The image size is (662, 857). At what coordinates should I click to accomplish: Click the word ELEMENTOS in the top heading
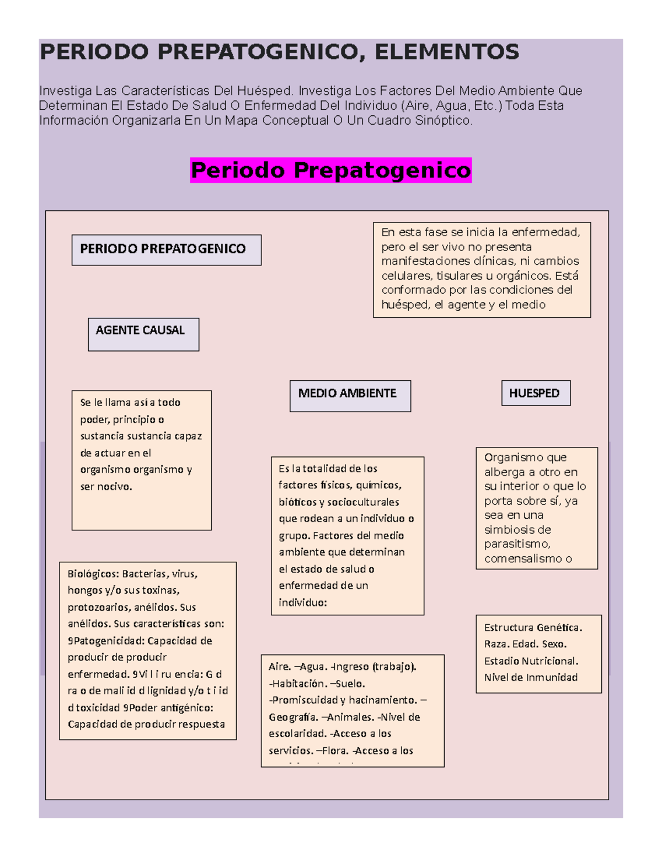tap(447, 52)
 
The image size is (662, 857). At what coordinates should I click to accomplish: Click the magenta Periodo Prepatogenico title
tap(331, 170)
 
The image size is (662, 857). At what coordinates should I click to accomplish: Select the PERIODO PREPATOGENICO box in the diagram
tap(166, 249)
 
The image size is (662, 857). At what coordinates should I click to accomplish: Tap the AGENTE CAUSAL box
tap(143, 333)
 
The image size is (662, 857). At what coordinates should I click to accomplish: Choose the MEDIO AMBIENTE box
tap(350, 395)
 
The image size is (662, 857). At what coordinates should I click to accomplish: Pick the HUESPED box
tap(535, 393)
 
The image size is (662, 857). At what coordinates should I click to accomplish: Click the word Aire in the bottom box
tap(279, 667)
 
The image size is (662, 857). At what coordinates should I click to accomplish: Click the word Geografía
tap(293, 717)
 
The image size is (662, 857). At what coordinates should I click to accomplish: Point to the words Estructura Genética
tap(533, 627)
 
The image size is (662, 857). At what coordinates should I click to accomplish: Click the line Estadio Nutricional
tap(531, 661)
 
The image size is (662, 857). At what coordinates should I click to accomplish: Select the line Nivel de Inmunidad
tap(531, 678)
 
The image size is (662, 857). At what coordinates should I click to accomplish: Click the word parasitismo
tap(517, 544)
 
